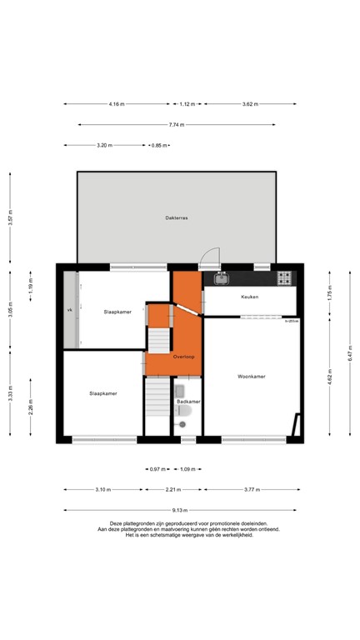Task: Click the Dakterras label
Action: point(176,218)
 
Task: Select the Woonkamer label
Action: point(251,377)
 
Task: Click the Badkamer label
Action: point(188,402)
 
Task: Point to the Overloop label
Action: point(183,357)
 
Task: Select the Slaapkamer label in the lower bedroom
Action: point(103,393)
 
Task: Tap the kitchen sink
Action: point(222,277)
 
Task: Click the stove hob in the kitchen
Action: point(284,277)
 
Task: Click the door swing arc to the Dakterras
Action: point(212,256)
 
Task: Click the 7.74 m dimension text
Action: point(176,125)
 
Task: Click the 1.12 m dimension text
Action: point(187,104)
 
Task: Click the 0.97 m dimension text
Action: point(154,469)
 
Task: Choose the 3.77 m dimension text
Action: point(251,490)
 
